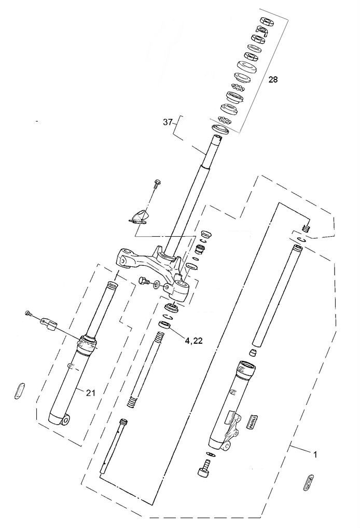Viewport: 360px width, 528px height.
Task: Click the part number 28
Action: point(273,79)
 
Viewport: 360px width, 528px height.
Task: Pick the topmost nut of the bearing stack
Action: point(266,21)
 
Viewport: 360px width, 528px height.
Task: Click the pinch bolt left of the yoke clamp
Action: point(144,281)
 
